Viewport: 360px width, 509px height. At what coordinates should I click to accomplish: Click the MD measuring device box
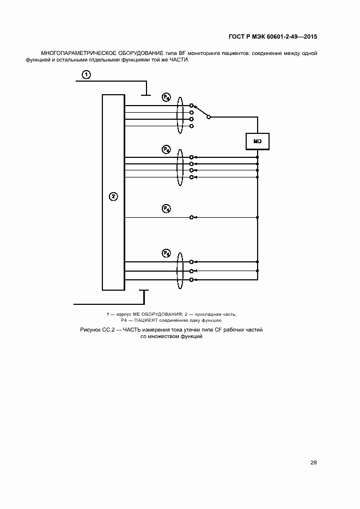click(x=258, y=142)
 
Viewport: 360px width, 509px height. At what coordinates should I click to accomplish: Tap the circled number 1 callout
click(x=86, y=75)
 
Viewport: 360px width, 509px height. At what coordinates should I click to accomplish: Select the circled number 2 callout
click(x=113, y=197)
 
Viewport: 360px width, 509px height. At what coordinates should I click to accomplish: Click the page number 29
click(x=313, y=463)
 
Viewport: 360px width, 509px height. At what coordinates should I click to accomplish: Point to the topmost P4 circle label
click(x=167, y=97)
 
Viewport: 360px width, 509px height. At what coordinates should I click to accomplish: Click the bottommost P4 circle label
click(x=166, y=253)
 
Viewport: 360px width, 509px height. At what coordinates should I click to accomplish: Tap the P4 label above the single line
click(x=166, y=208)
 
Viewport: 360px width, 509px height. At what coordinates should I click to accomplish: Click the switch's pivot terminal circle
click(x=209, y=117)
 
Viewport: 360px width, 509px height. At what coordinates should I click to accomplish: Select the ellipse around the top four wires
click(x=180, y=116)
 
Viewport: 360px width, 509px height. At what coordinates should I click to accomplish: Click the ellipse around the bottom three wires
click(x=180, y=271)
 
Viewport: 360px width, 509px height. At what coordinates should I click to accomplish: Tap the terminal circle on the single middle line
click(x=192, y=217)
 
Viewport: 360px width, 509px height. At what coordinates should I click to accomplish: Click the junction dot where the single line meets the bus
click(x=258, y=217)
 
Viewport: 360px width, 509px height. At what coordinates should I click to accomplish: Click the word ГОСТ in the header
click(x=236, y=36)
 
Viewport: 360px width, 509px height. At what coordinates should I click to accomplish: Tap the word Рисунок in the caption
click(x=90, y=330)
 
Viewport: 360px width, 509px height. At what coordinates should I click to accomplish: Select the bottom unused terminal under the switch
click(x=192, y=126)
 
